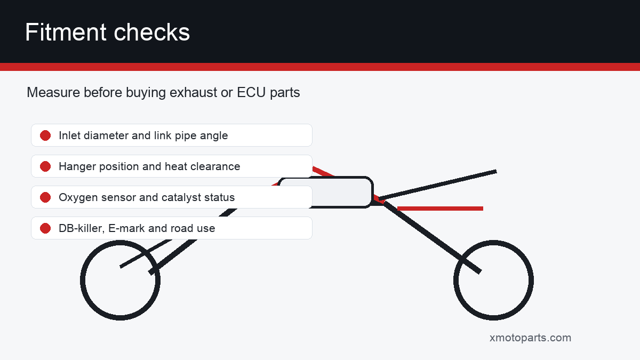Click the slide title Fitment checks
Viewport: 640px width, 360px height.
(x=107, y=33)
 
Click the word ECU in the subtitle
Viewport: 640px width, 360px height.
(x=251, y=92)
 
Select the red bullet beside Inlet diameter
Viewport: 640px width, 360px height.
(x=45, y=135)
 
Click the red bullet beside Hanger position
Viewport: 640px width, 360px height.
(x=45, y=166)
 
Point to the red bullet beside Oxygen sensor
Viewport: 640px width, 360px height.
(x=45, y=197)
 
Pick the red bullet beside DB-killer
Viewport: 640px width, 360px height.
(x=45, y=228)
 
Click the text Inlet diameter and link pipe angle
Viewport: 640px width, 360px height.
(x=143, y=135)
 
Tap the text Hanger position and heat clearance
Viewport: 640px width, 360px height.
(x=149, y=166)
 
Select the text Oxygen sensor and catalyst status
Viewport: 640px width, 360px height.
(x=147, y=197)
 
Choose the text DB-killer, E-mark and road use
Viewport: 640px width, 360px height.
(x=137, y=228)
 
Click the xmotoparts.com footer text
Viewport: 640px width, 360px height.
(x=530, y=338)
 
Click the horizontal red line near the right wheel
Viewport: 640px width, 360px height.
(x=440, y=209)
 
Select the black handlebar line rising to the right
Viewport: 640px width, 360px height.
(x=438, y=185)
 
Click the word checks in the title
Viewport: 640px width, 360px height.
(x=151, y=33)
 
